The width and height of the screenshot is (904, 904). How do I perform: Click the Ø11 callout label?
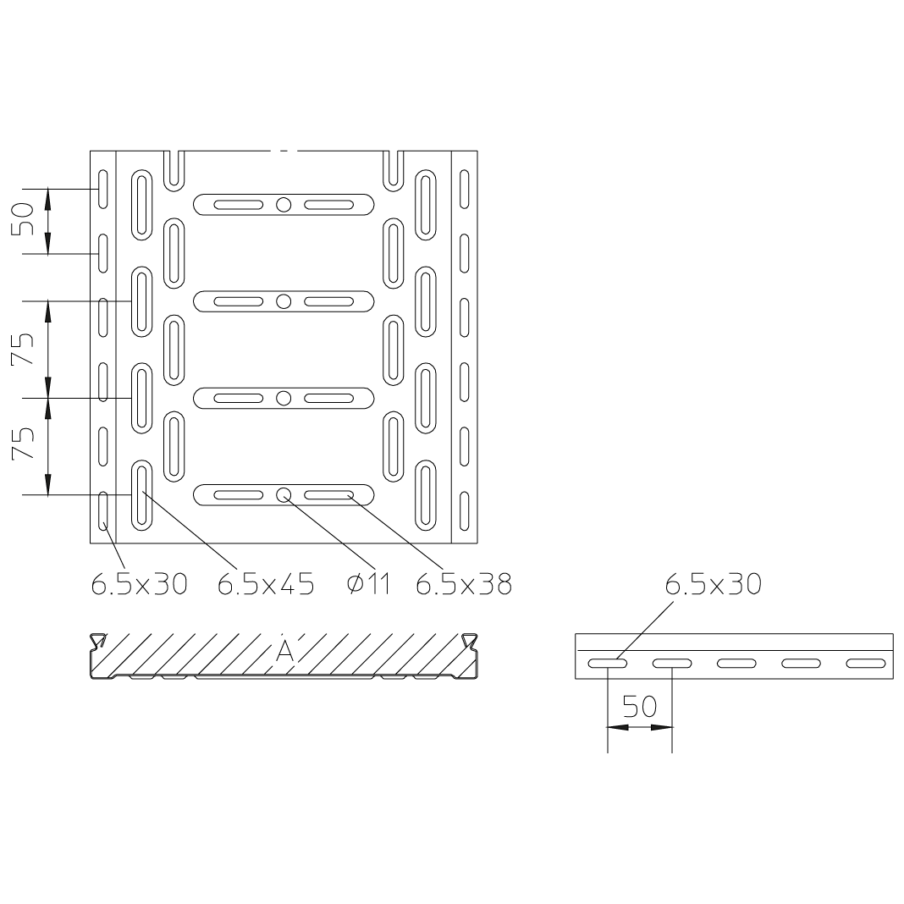(x=369, y=585)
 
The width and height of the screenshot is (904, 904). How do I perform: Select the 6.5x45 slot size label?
(x=266, y=585)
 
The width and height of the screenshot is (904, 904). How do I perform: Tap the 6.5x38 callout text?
(x=464, y=585)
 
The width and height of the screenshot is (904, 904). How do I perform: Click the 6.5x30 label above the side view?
(x=714, y=585)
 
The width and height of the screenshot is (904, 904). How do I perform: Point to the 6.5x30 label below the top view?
(x=140, y=585)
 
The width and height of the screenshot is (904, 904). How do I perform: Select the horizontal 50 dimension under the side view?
(x=640, y=707)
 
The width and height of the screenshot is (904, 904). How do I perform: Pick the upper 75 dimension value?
(x=24, y=350)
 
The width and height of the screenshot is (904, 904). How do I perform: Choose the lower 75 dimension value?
(x=24, y=444)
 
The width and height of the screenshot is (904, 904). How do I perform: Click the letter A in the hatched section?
(x=284, y=651)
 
